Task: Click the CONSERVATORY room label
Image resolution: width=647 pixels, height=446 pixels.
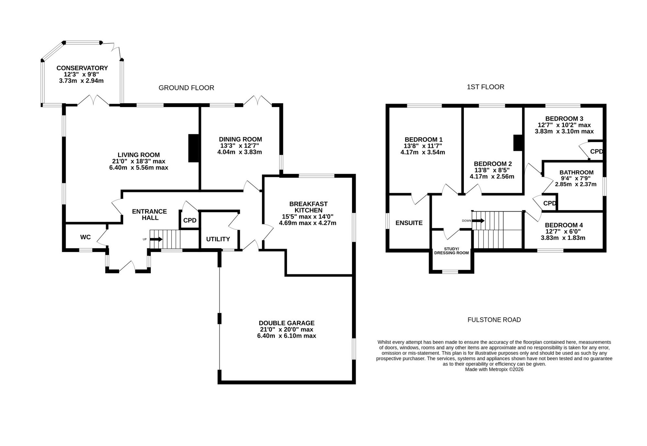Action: (x=82, y=68)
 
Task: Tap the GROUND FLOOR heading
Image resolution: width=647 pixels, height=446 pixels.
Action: (x=186, y=88)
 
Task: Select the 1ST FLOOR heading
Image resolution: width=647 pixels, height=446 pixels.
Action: (x=486, y=87)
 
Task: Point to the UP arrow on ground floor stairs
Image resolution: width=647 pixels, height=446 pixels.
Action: (x=156, y=239)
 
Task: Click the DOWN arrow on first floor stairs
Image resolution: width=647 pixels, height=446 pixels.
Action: (x=478, y=221)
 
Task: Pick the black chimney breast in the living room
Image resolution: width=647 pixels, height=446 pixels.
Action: (x=193, y=148)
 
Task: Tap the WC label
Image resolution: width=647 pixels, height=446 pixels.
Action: (x=85, y=237)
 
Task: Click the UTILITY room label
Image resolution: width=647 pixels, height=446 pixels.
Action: (x=218, y=239)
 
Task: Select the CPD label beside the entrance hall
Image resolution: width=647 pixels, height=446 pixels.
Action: (x=190, y=220)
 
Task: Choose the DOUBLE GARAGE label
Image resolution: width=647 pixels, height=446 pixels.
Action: (x=287, y=323)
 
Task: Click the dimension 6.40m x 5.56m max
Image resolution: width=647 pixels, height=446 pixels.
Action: (x=139, y=168)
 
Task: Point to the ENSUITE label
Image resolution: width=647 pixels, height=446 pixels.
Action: (x=409, y=223)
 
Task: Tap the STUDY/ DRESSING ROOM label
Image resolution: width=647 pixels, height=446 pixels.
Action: (x=451, y=251)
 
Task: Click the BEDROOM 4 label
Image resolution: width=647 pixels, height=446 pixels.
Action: (x=564, y=225)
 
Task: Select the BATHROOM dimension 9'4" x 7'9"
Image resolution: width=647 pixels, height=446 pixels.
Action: (x=576, y=178)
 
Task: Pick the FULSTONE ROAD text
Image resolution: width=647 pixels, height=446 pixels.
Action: (x=494, y=320)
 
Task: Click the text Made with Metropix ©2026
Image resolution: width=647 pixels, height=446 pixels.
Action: (x=494, y=369)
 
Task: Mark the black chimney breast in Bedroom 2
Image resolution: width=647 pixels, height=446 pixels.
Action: (x=518, y=142)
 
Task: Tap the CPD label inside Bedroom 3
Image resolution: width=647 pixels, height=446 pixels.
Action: (x=597, y=151)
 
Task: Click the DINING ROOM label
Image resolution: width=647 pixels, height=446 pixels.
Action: (x=240, y=139)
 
